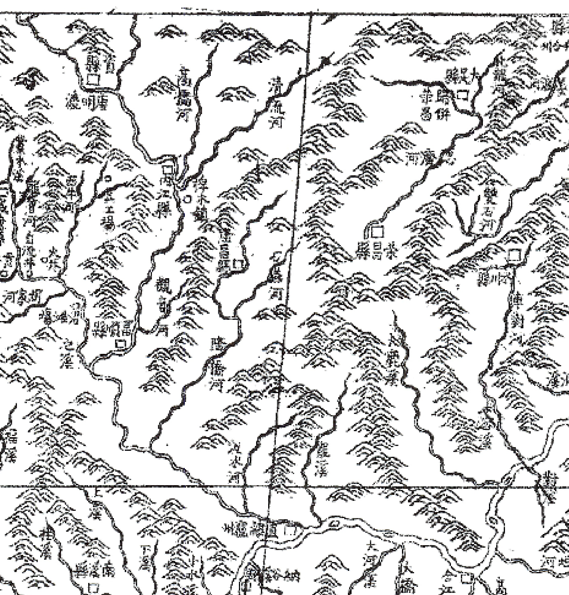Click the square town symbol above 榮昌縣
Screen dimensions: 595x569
pyautogui.click(x=377, y=232)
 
